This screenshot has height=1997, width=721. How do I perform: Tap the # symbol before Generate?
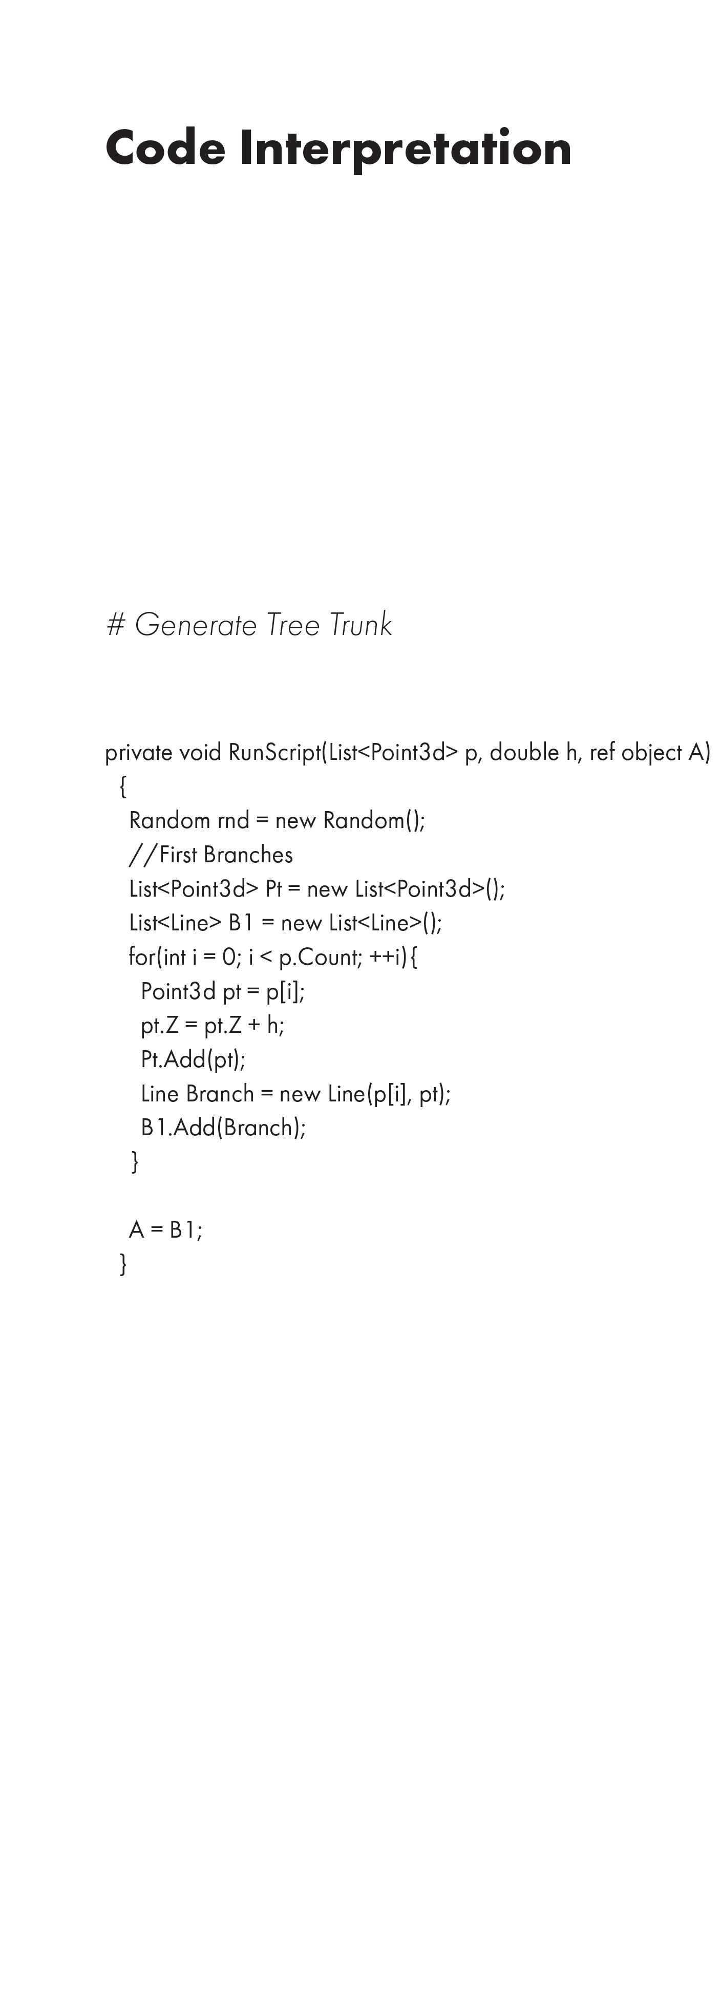pos(116,625)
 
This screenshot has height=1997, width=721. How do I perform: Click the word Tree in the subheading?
pos(293,625)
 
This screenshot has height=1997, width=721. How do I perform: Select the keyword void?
pos(200,753)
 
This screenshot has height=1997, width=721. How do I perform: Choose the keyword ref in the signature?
pos(602,753)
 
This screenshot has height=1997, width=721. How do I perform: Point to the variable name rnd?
pos(232,820)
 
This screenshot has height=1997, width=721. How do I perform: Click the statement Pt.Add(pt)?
pos(193,1060)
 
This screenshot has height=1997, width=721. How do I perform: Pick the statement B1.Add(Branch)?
pos(223,1128)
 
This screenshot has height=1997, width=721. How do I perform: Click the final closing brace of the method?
pos(123,1264)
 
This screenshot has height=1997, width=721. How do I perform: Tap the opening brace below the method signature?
pos(123,787)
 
